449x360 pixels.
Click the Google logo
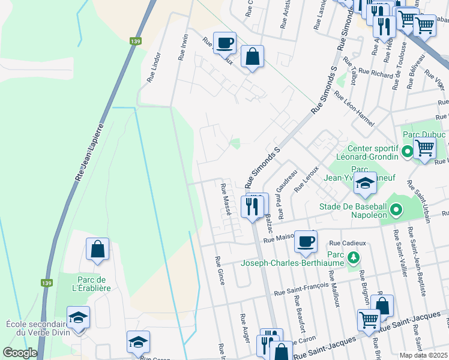point(20,353)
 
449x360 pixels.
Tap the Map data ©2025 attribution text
point(424,355)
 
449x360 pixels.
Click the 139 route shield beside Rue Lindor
point(136,41)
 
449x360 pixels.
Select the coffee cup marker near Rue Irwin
point(224,43)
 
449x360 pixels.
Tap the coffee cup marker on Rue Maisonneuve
point(306,241)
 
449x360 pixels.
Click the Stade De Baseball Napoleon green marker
point(396,211)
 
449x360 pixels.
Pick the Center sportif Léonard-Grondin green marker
point(408,152)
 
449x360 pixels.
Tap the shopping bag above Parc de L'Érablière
point(97,249)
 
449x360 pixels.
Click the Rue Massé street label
point(228,200)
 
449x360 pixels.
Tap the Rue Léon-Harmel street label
point(354,108)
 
